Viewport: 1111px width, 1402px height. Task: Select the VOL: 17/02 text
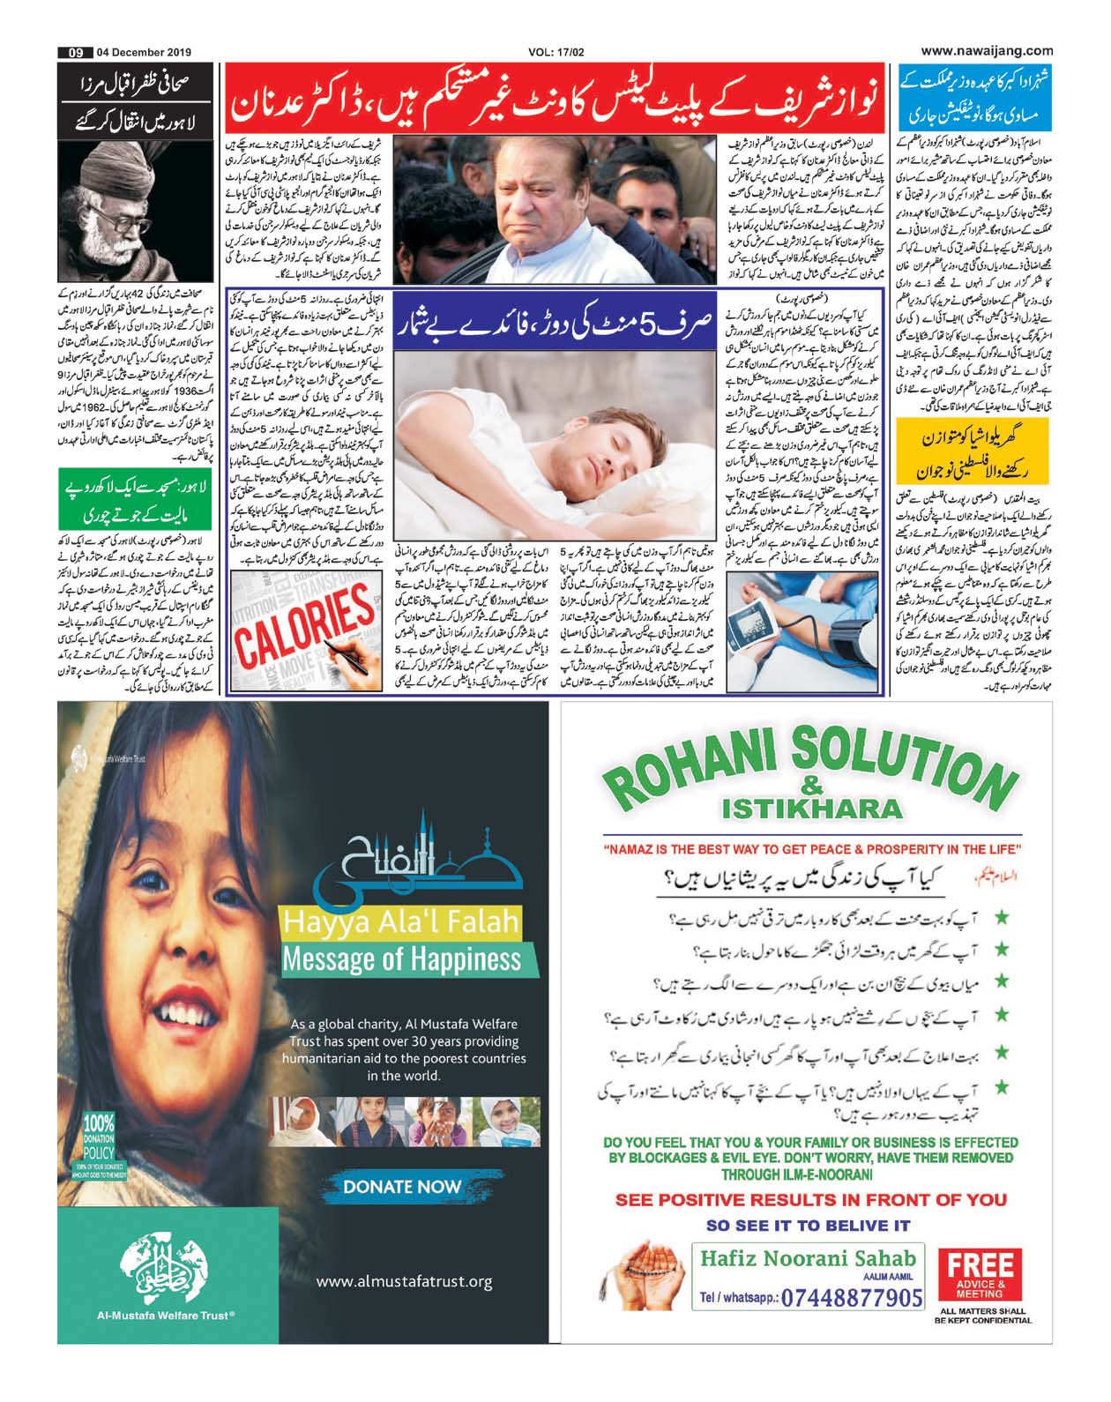tap(556, 52)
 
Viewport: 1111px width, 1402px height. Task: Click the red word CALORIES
tap(305, 625)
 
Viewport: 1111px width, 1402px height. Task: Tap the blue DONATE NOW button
tap(402, 1186)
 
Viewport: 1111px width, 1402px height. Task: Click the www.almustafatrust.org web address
tap(404, 1281)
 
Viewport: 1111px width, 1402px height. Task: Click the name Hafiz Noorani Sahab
tap(808, 1258)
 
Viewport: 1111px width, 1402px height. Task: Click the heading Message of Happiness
tap(401, 958)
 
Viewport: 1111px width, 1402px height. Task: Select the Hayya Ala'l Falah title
tap(399, 922)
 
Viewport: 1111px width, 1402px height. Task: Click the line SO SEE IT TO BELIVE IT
tap(808, 1225)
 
